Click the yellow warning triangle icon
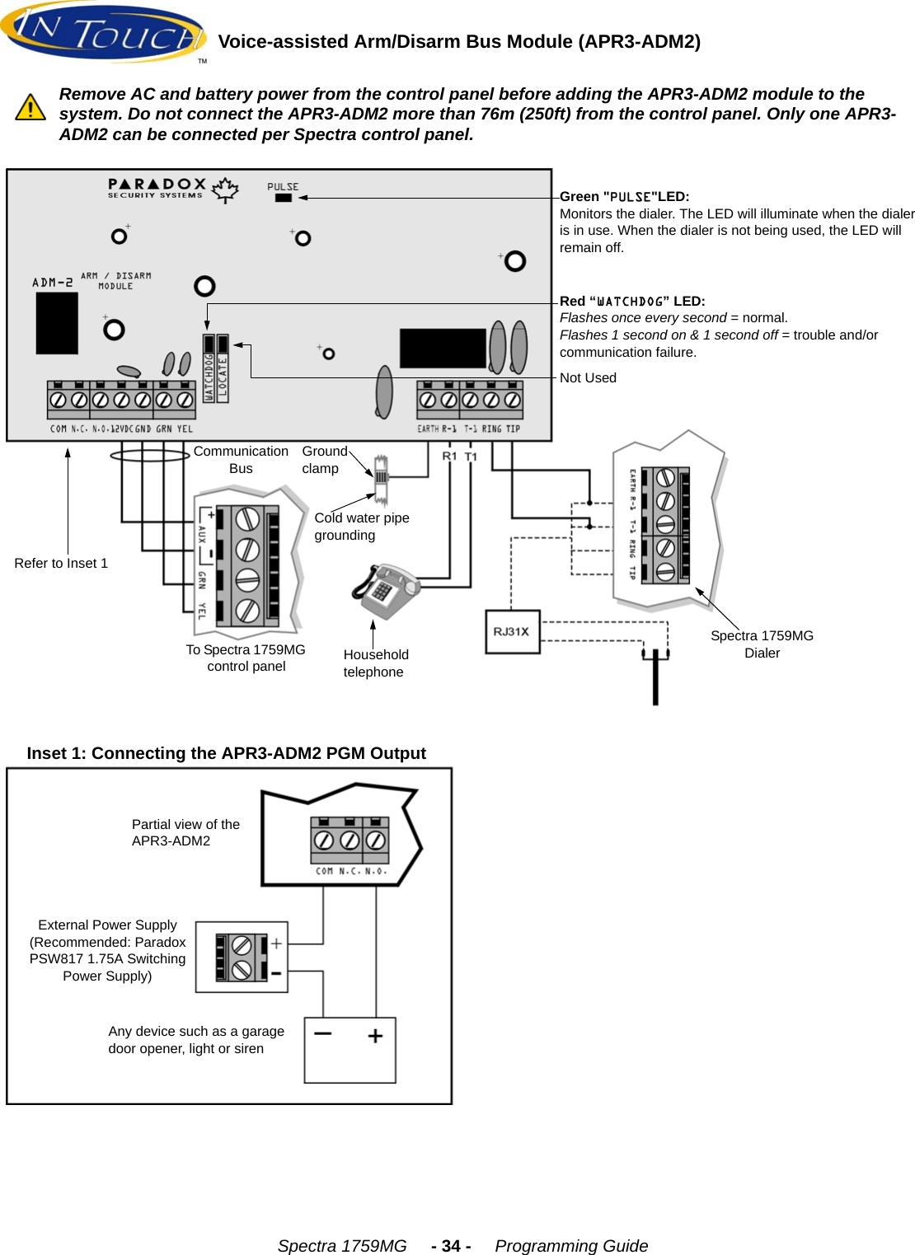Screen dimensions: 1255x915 coord(30,107)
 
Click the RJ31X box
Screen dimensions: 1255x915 coord(512,632)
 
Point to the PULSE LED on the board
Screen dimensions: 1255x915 coord(283,198)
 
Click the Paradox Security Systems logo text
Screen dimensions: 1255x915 coord(157,189)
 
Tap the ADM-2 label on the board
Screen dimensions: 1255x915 coord(53,283)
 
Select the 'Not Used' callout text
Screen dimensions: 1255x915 coord(588,377)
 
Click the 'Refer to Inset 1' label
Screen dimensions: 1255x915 coord(61,563)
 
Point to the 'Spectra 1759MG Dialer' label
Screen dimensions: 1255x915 coord(762,644)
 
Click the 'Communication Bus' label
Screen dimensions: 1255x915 coord(241,460)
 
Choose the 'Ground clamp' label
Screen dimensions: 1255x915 coord(324,460)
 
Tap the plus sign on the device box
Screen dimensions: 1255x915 coord(375,1036)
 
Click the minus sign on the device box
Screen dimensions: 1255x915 coord(322,1033)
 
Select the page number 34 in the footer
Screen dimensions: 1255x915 coord(451,1246)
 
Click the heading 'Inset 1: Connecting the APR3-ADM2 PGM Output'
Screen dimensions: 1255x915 coord(226,753)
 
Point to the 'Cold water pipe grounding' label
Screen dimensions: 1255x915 coord(361,527)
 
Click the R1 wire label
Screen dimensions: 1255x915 coord(449,457)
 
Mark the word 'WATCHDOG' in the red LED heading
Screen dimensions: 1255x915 coord(630,302)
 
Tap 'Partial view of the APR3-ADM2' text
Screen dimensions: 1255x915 coord(185,832)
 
